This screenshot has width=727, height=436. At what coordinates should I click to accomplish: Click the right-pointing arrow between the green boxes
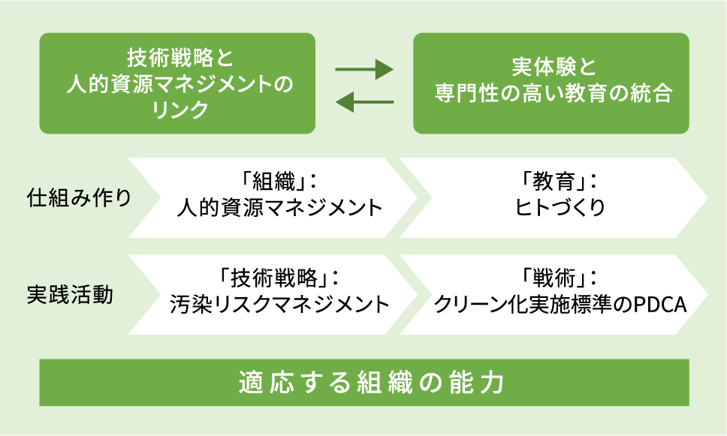(x=364, y=70)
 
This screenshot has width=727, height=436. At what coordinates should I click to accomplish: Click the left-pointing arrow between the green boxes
(x=364, y=102)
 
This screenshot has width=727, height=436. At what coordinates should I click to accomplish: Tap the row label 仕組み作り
(x=80, y=198)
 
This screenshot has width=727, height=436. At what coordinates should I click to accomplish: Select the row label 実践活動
(x=70, y=295)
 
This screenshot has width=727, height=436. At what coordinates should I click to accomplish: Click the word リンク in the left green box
(x=180, y=110)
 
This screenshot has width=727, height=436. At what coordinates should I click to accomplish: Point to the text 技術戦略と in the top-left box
(x=180, y=58)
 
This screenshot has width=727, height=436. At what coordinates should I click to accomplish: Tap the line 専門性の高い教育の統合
(x=554, y=93)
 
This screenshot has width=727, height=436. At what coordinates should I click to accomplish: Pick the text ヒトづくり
(x=560, y=207)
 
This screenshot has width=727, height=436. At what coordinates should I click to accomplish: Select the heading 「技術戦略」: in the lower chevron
(x=279, y=278)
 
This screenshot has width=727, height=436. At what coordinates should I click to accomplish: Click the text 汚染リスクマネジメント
(x=279, y=305)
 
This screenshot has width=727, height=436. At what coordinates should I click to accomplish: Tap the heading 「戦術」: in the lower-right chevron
(x=559, y=278)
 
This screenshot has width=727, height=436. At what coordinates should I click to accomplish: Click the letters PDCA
(x=659, y=305)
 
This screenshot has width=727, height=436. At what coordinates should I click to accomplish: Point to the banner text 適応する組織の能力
(x=372, y=383)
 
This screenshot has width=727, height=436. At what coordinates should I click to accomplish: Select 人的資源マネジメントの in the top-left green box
(x=180, y=84)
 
